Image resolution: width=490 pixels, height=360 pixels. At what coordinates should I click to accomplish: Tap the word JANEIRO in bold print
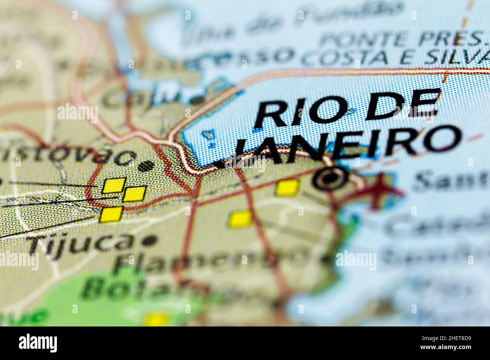pyautogui.click(x=347, y=145)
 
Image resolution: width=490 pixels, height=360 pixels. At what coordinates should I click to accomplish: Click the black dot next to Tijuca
pyautogui.click(x=151, y=240)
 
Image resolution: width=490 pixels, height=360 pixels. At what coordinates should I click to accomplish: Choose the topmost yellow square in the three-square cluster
pyautogui.click(x=114, y=185)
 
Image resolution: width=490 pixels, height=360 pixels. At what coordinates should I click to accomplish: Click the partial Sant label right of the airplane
pyautogui.click(x=449, y=181)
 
